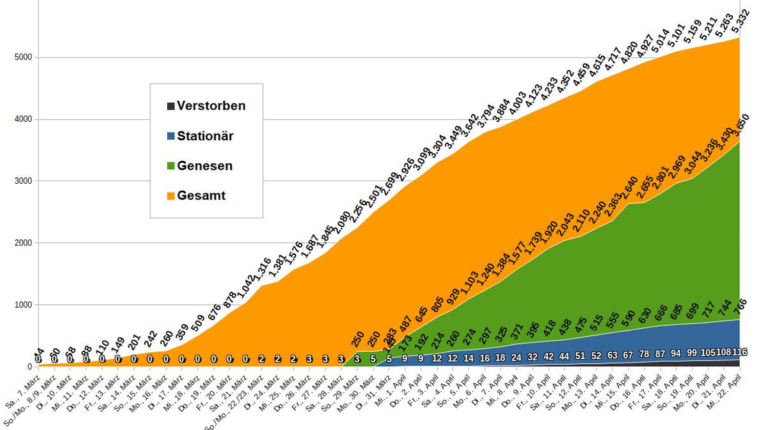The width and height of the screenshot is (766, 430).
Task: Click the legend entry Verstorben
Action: [x=211, y=106]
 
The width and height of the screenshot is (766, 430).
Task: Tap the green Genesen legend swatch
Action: [x=170, y=167]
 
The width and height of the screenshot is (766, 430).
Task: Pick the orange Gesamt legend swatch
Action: [x=170, y=196]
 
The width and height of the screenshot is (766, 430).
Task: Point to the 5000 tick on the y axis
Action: [x=22, y=57]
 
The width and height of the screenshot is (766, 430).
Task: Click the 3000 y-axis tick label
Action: [x=22, y=181]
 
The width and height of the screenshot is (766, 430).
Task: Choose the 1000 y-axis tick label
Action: [x=22, y=305]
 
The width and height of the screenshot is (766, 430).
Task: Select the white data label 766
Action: [x=738, y=306]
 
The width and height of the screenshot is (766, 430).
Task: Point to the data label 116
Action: [x=739, y=352]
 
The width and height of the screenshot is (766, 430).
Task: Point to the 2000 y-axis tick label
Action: [x=22, y=243]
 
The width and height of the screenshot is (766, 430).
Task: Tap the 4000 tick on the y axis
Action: [x=22, y=119]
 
